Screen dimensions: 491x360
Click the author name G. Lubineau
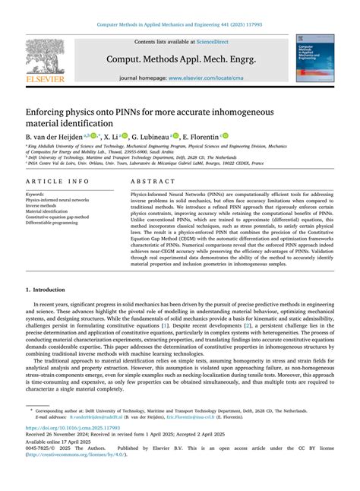point(148,137)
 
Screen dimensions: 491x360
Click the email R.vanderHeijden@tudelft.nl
point(101,417)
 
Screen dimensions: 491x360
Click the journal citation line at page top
point(179,26)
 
